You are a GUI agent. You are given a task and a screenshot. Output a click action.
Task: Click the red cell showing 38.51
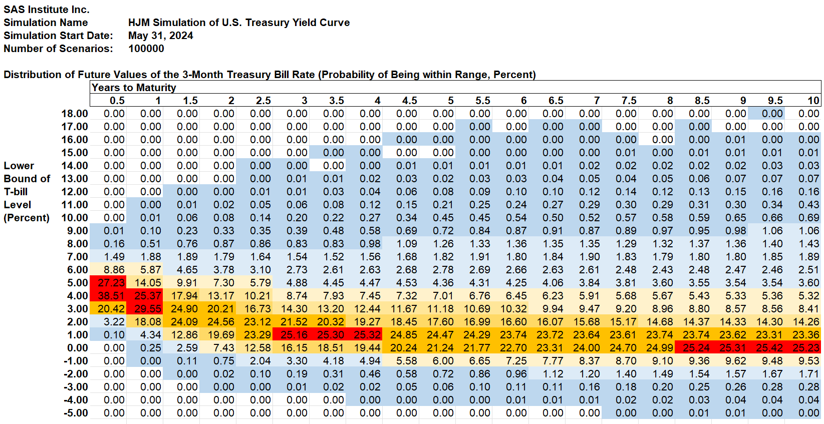(111, 296)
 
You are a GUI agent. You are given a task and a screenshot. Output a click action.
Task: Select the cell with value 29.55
(148, 309)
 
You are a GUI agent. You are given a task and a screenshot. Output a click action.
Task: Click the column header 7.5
(629, 101)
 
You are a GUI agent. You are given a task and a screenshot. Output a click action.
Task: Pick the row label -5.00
(76, 413)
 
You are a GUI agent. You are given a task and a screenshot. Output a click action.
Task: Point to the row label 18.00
(75, 114)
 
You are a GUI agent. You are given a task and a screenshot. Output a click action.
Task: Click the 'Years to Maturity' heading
(134, 88)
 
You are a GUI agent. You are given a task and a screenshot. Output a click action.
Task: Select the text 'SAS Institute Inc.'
(47, 10)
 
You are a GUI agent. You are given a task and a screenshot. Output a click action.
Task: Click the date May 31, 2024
(160, 36)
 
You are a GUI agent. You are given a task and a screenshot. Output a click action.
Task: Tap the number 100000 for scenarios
(146, 49)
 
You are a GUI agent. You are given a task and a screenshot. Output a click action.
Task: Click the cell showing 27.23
(111, 283)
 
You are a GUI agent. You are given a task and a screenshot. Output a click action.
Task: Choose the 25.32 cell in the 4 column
(367, 335)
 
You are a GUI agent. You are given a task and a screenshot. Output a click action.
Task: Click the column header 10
(813, 101)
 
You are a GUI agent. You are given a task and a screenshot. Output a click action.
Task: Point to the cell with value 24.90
(184, 309)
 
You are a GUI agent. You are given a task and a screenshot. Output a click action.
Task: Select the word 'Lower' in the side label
(19, 166)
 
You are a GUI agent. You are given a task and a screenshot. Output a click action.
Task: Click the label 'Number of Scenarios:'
(58, 49)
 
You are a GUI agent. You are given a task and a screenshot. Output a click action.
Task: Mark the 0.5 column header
(117, 101)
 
